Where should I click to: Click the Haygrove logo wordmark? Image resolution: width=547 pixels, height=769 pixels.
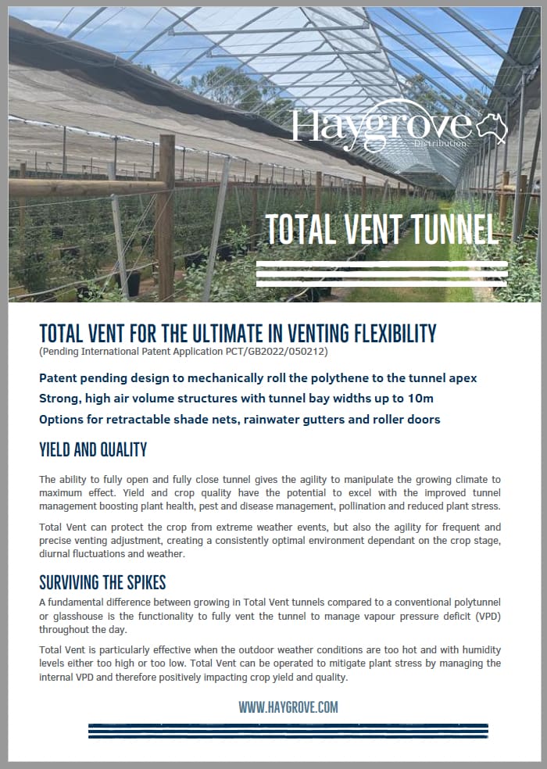coord(381,126)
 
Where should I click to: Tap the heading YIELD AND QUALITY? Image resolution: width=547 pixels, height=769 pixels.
coord(93,450)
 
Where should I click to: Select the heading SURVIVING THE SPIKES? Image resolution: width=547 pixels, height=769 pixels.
coord(102,583)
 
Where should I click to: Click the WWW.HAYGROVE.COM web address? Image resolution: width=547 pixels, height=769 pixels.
coord(288,706)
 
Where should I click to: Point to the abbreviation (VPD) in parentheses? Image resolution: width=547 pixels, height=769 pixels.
coord(484,616)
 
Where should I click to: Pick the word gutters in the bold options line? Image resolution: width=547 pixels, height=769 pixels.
coord(324,420)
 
